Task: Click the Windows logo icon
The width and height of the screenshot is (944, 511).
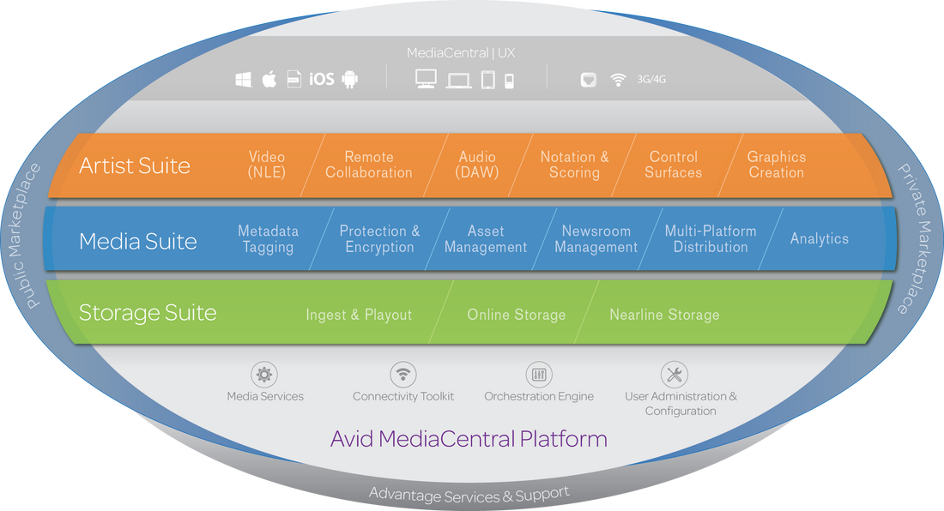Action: pos(243,80)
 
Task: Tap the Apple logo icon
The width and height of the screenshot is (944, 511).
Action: pos(269,80)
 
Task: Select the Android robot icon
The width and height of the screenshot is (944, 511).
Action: pos(349,80)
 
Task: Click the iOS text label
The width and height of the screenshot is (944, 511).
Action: pos(322,80)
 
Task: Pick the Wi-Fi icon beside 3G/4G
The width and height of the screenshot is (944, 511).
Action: pos(618,80)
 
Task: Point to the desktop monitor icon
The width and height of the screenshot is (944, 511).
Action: pos(426,79)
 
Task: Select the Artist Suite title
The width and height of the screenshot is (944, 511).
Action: pos(135,165)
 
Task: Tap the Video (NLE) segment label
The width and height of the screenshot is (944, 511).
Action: pos(267,165)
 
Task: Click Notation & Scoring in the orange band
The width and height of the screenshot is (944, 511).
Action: pos(574,165)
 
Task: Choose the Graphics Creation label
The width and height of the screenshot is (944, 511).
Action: pos(776,165)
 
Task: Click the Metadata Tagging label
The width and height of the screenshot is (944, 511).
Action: pos(268,239)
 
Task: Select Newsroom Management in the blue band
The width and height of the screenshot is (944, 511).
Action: pos(596,239)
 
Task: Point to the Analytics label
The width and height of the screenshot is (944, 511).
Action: pos(819,239)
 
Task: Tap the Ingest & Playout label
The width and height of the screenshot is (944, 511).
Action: pos(359,315)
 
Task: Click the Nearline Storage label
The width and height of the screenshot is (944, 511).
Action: pos(664,315)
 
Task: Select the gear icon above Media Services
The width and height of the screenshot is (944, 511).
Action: pos(264,375)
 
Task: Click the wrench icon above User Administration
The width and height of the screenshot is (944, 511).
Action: pos(675,375)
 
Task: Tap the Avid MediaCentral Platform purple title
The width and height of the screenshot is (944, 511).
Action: pos(469,440)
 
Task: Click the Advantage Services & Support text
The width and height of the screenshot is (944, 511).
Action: pos(469,494)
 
